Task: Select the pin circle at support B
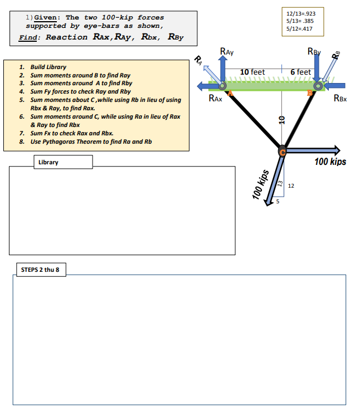(x=319, y=86)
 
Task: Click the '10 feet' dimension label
(x=252, y=72)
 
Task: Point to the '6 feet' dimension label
(x=301, y=72)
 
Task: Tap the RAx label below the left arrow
(x=215, y=99)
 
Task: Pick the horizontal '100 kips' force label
(x=330, y=162)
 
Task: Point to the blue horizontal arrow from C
(x=312, y=150)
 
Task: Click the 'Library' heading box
(x=48, y=162)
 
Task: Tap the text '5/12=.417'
(x=299, y=28)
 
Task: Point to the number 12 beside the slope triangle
(x=291, y=187)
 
